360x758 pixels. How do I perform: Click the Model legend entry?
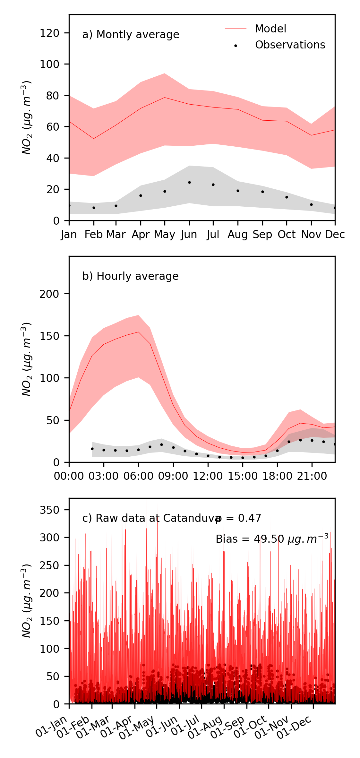coord(270,29)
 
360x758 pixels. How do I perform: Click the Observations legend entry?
coord(290,45)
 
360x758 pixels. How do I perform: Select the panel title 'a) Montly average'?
coord(131,35)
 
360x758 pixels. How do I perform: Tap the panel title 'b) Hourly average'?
coord(130,276)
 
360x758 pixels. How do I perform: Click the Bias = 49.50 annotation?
coord(272,539)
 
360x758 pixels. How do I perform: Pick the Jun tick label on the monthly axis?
coord(189,235)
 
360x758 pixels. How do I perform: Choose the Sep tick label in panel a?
coord(262,235)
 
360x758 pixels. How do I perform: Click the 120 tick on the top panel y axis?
coord(49,33)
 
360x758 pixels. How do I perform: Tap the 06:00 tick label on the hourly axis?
coord(138,476)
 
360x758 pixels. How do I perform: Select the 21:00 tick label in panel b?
coord(312,476)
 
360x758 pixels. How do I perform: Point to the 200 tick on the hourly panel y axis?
coord(49,294)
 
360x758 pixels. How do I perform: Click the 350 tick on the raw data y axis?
coord(49,510)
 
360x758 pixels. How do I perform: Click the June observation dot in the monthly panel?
coord(189,182)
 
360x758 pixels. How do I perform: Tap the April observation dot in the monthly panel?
coord(141,195)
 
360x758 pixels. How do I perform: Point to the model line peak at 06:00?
coord(138,332)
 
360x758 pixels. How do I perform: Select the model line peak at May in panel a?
coord(165,98)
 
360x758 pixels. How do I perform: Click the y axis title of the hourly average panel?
coord(27,359)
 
